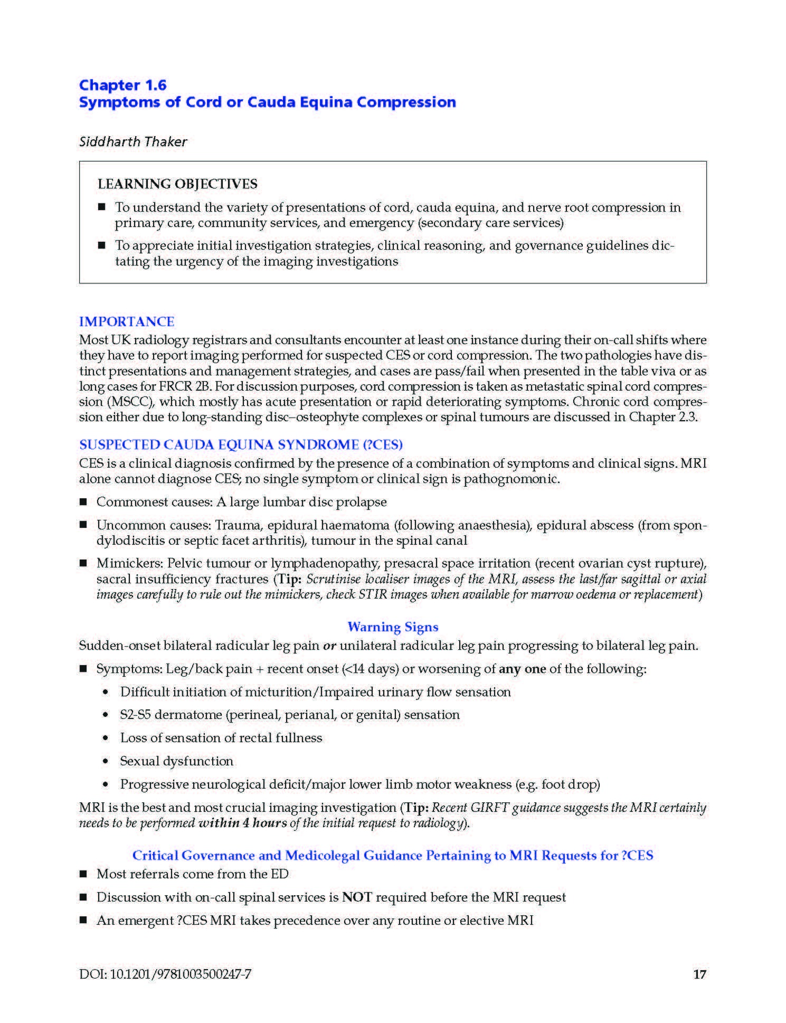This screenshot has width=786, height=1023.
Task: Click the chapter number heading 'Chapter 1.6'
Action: pyautogui.click(x=122, y=85)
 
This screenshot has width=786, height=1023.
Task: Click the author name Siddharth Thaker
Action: pyautogui.click(x=133, y=141)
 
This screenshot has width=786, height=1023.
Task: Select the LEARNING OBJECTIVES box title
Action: pyautogui.click(x=177, y=184)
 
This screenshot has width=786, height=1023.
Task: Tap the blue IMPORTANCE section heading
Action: pyautogui.click(x=127, y=321)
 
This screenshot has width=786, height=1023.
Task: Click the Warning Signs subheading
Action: pyautogui.click(x=393, y=627)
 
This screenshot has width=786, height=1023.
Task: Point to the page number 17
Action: pyautogui.click(x=699, y=974)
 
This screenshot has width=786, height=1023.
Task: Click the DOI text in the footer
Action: pyautogui.click(x=165, y=974)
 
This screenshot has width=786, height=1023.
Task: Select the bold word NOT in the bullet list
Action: pyautogui.click(x=357, y=897)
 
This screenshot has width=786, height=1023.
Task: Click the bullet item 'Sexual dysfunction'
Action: pyautogui.click(x=176, y=761)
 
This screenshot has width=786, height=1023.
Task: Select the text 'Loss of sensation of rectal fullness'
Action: pyautogui.click(x=221, y=738)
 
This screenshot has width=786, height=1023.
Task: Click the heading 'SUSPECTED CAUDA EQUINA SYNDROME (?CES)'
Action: pyautogui.click(x=241, y=444)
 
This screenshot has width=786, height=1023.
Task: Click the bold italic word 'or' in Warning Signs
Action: pyautogui.click(x=330, y=646)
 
